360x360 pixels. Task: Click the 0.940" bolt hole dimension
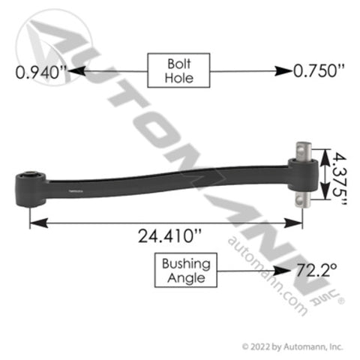[x=41, y=73]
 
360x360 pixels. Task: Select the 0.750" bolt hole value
[x=319, y=70]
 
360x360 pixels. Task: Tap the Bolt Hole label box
[x=178, y=70]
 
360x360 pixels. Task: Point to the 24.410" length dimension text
[x=169, y=235]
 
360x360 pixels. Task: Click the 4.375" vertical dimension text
[x=339, y=179]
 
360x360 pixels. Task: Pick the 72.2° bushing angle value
[x=316, y=270]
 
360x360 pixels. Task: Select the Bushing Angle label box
[x=186, y=270]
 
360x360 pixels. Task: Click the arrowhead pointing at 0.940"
[x=76, y=71]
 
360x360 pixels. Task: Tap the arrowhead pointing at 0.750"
[x=283, y=71]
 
